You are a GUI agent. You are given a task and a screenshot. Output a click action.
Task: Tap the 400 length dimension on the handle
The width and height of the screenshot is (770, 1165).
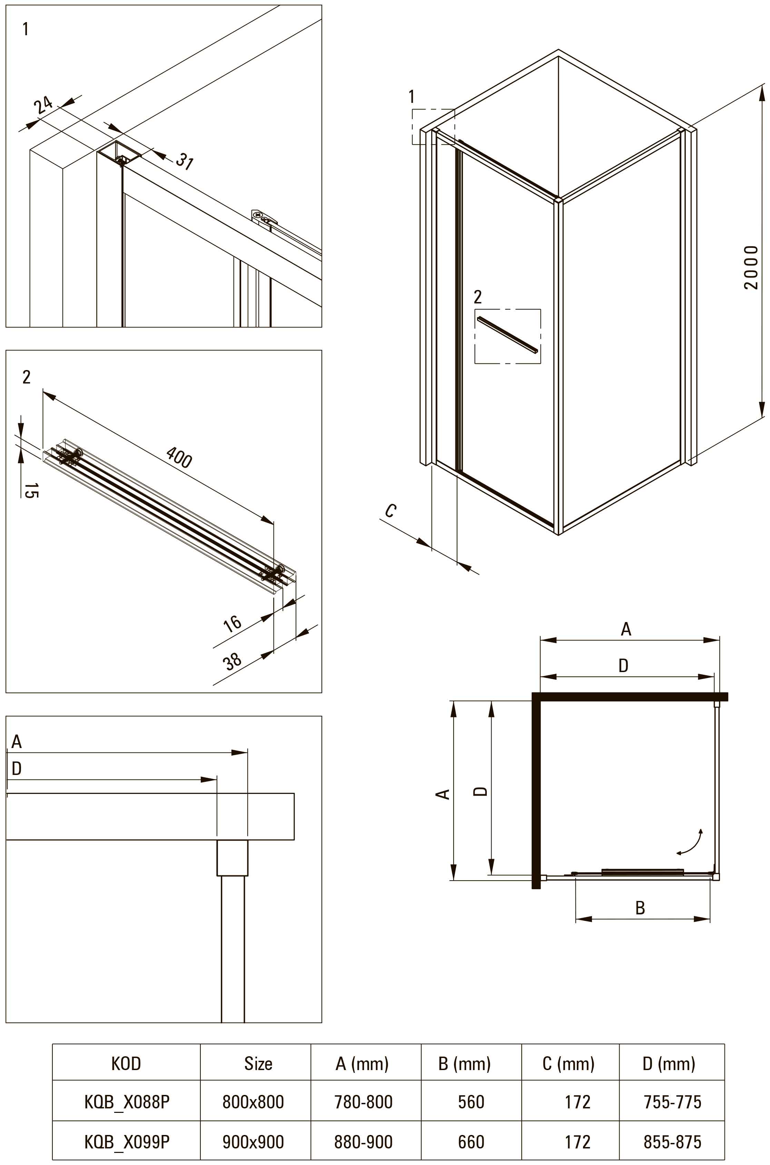179,457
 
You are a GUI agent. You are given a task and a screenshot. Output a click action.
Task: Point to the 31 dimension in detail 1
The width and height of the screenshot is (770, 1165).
185,161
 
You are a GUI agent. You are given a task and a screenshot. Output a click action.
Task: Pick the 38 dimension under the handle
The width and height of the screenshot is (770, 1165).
232,661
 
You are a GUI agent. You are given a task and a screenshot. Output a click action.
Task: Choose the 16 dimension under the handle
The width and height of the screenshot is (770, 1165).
232,623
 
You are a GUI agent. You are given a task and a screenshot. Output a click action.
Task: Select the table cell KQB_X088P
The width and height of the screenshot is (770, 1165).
127,1102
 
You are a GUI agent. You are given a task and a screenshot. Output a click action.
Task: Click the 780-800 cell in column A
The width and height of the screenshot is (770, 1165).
363,1102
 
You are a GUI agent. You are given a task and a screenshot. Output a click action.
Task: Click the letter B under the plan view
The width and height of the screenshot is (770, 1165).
640,907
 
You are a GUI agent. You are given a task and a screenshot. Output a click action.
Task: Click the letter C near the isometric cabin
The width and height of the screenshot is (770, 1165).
391,511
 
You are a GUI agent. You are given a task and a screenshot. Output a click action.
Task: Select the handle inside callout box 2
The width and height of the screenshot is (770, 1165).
508,334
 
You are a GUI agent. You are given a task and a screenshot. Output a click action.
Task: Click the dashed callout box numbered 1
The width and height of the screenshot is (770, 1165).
433,127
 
